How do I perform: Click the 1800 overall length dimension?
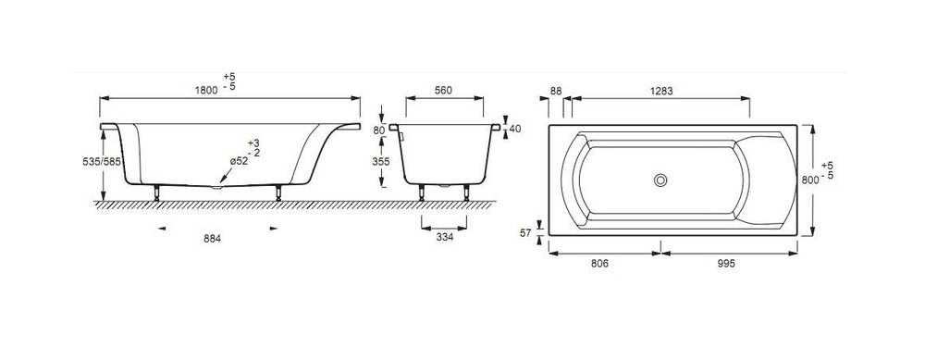[x=206, y=91]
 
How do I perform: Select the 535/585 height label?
[x=102, y=161]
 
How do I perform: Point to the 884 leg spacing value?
[x=212, y=239]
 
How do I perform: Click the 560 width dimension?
[x=443, y=91]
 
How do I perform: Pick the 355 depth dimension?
[x=382, y=162]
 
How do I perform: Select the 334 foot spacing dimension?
[x=445, y=237]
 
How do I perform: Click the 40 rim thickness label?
[x=515, y=129]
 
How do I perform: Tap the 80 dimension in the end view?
[x=379, y=130]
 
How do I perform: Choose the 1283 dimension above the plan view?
[x=661, y=91]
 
